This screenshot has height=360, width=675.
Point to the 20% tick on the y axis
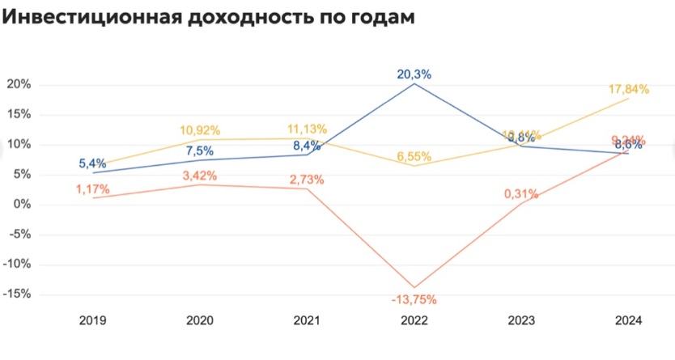(x=19, y=85)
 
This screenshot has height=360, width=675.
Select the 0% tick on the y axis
(x=23, y=205)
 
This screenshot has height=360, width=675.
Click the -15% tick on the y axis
(x=18, y=294)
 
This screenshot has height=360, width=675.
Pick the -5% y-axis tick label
(x=20, y=235)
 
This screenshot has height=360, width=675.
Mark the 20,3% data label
(x=414, y=74)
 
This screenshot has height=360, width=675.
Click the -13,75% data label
(x=414, y=300)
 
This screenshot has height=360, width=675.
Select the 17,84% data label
(x=629, y=89)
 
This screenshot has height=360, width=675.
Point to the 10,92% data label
(x=200, y=129)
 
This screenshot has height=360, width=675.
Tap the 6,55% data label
(x=414, y=155)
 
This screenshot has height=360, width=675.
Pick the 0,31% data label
(x=521, y=193)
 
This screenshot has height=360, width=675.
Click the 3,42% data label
(x=200, y=175)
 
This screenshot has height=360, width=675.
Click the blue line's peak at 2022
(x=414, y=83)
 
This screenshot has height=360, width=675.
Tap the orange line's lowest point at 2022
(x=414, y=287)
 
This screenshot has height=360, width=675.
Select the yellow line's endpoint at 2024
(x=628, y=99)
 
